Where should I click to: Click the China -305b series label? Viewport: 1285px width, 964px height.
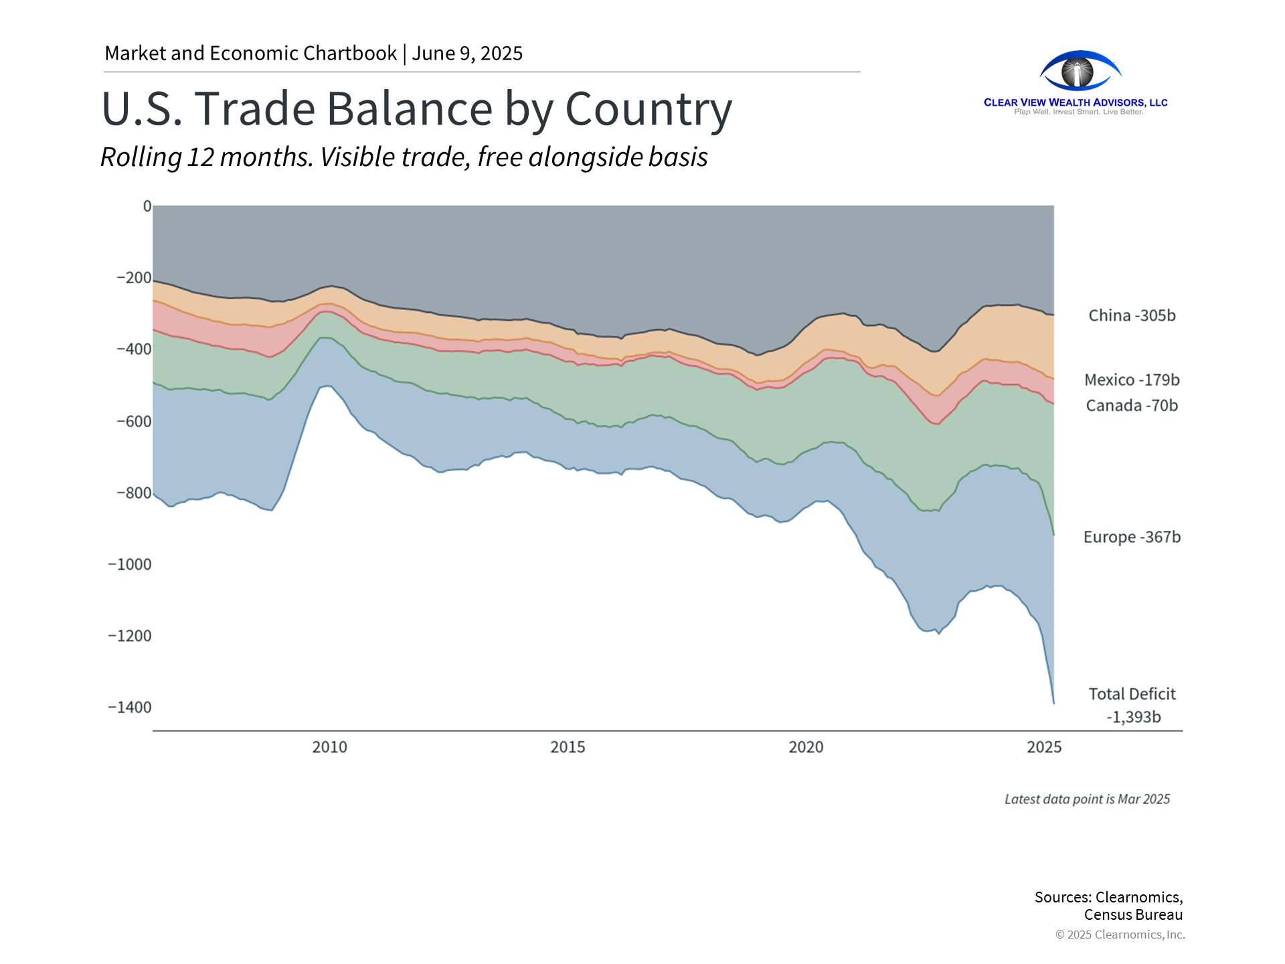[1132, 315]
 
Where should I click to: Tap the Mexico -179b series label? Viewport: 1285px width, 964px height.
[1132, 380]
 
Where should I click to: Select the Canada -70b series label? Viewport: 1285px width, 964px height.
[1132, 405]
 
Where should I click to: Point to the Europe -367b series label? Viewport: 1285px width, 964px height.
[1132, 537]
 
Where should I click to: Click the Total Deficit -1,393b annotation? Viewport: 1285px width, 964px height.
[1132, 705]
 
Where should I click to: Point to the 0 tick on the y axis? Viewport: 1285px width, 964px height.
[147, 206]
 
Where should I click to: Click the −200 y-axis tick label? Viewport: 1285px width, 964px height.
[134, 277]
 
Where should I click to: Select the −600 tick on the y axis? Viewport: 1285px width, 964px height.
[134, 421]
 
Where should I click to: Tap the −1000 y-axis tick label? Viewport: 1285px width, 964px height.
[130, 564]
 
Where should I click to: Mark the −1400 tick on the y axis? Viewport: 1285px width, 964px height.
[130, 708]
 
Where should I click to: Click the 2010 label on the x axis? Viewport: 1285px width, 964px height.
[329, 747]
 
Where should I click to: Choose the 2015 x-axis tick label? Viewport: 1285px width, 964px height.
[568, 747]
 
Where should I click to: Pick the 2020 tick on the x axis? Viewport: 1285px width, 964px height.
[806, 747]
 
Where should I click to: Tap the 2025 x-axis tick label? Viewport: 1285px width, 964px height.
[1044, 747]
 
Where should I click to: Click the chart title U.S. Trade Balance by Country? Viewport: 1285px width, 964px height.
[416, 109]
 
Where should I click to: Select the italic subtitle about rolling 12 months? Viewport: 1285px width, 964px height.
[404, 157]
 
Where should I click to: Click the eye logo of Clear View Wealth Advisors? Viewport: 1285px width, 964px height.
[1079, 71]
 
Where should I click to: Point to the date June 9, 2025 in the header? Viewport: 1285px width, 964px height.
[467, 54]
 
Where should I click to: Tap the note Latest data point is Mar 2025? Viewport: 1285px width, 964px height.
[1087, 799]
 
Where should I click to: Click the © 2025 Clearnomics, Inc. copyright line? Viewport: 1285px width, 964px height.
[1120, 935]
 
